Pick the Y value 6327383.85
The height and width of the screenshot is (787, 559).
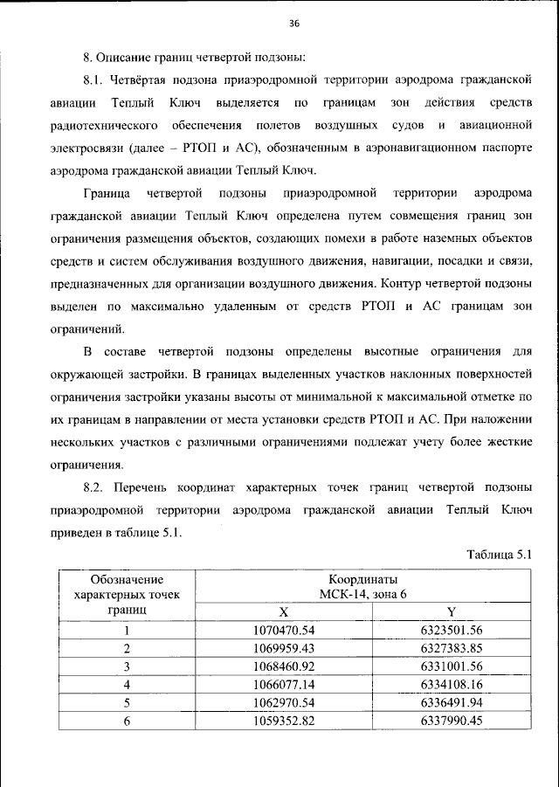[451, 649]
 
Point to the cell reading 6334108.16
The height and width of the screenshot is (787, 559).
[451, 686]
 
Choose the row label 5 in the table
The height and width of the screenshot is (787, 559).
[128, 704]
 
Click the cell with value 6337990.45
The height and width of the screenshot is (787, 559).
[451, 721]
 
